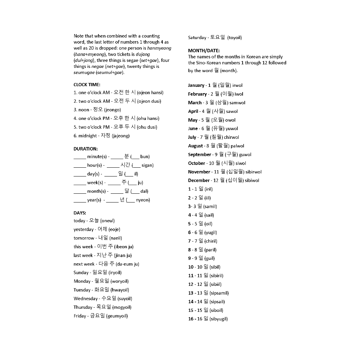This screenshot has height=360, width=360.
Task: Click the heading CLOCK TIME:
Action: coord(87,84)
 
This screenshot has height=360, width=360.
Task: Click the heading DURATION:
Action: coord(85,149)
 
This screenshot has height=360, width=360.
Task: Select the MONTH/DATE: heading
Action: coord(204,51)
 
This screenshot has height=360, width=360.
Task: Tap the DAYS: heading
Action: coord(80,213)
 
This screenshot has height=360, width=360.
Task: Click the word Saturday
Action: coord(197,38)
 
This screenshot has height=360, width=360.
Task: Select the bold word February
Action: coord(197,94)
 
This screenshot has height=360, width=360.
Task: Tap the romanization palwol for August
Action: coord(237,146)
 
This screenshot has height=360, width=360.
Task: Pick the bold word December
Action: coord(199,180)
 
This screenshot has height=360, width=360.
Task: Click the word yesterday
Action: coord(84,229)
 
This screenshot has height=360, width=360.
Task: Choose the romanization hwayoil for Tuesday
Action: coord(120,290)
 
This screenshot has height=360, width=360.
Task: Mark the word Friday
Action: coord(80,316)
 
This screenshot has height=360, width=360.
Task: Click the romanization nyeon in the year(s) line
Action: coord(142,200)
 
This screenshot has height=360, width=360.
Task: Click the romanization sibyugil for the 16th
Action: coord(219,319)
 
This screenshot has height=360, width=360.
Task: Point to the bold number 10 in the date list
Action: coord(191,267)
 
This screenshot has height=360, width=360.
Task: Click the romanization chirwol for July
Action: coord(231,137)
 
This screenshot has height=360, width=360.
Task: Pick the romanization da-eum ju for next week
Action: coord(127,264)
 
